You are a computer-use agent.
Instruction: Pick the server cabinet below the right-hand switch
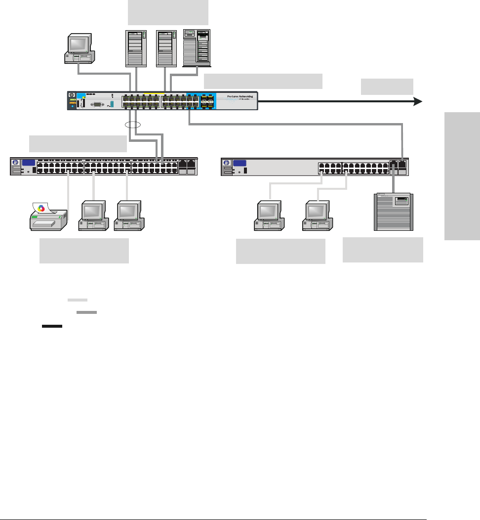pyautogui.click(x=393, y=212)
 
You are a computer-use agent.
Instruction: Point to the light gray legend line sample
pyautogui.click(x=77, y=300)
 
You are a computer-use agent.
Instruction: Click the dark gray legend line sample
pyautogui.click(x=87, y=312)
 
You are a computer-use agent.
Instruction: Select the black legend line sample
pyautogui.click(x=51, y=326)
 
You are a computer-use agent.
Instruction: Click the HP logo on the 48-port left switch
pyautogui.click(x=16, y=163)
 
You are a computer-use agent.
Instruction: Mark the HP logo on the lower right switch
pyautogui.click(x=227, y=164)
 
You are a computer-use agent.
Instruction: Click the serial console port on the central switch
pyautogui.click(x=95, y=104)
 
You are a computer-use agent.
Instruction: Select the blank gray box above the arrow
pyautogui.click(x=387, y=87)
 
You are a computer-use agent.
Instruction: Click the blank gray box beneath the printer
pyautogui.click(x=84, y=251)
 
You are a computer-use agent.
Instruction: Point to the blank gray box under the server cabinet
pyautogui.click(x=383, y=250)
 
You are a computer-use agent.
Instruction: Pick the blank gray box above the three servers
pyautogui.click(x=168, y=12)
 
